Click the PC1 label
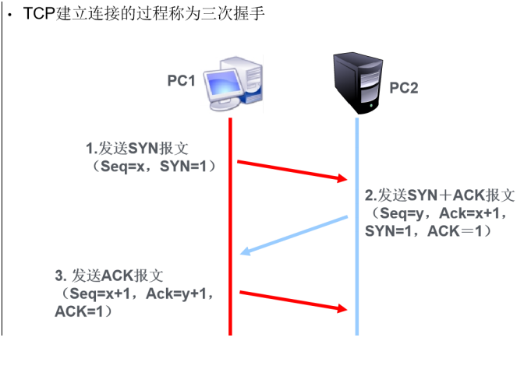click(180, 79)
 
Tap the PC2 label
click(404, 88)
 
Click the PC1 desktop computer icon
click(233, 83)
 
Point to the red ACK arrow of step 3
click(292, 300)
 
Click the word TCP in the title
click(39, 16)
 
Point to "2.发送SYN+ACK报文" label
click(440, 195)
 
